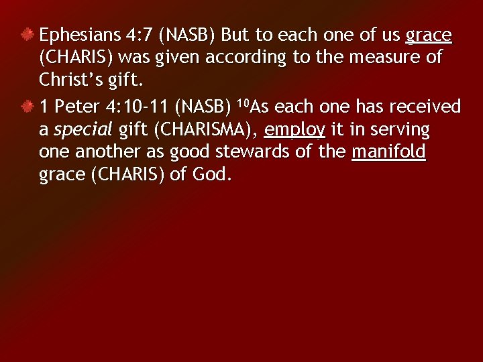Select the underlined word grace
pyautogui.click(x=429, y=35)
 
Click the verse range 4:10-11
pyautogui.click(x=142, y=107)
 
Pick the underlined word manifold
pyautogui.click(x=389, y=152)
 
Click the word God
pyautogui.click(x=211, y=175)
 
